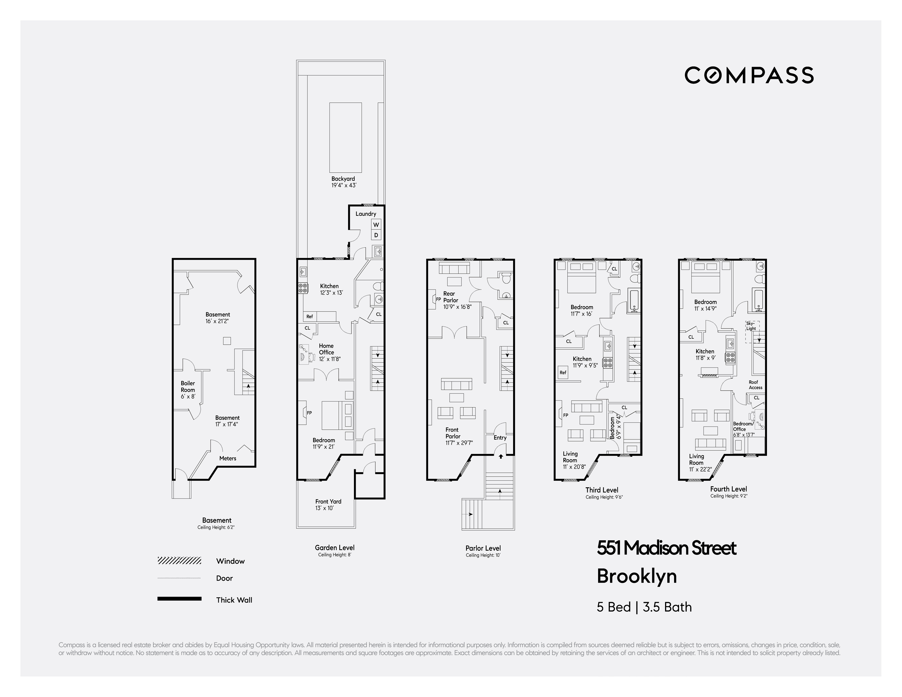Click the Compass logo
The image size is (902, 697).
749,75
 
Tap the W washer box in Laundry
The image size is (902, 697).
376,225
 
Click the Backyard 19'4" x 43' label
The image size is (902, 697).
343,182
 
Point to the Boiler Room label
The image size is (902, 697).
188,389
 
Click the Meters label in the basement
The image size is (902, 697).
227,458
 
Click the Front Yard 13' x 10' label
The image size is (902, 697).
328,504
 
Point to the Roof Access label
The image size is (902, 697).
755,385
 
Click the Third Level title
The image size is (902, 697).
602,490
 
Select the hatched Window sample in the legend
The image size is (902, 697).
179,561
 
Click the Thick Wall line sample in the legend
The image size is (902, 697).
179,599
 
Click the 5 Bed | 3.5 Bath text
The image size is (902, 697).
644,607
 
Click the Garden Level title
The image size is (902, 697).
335,548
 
